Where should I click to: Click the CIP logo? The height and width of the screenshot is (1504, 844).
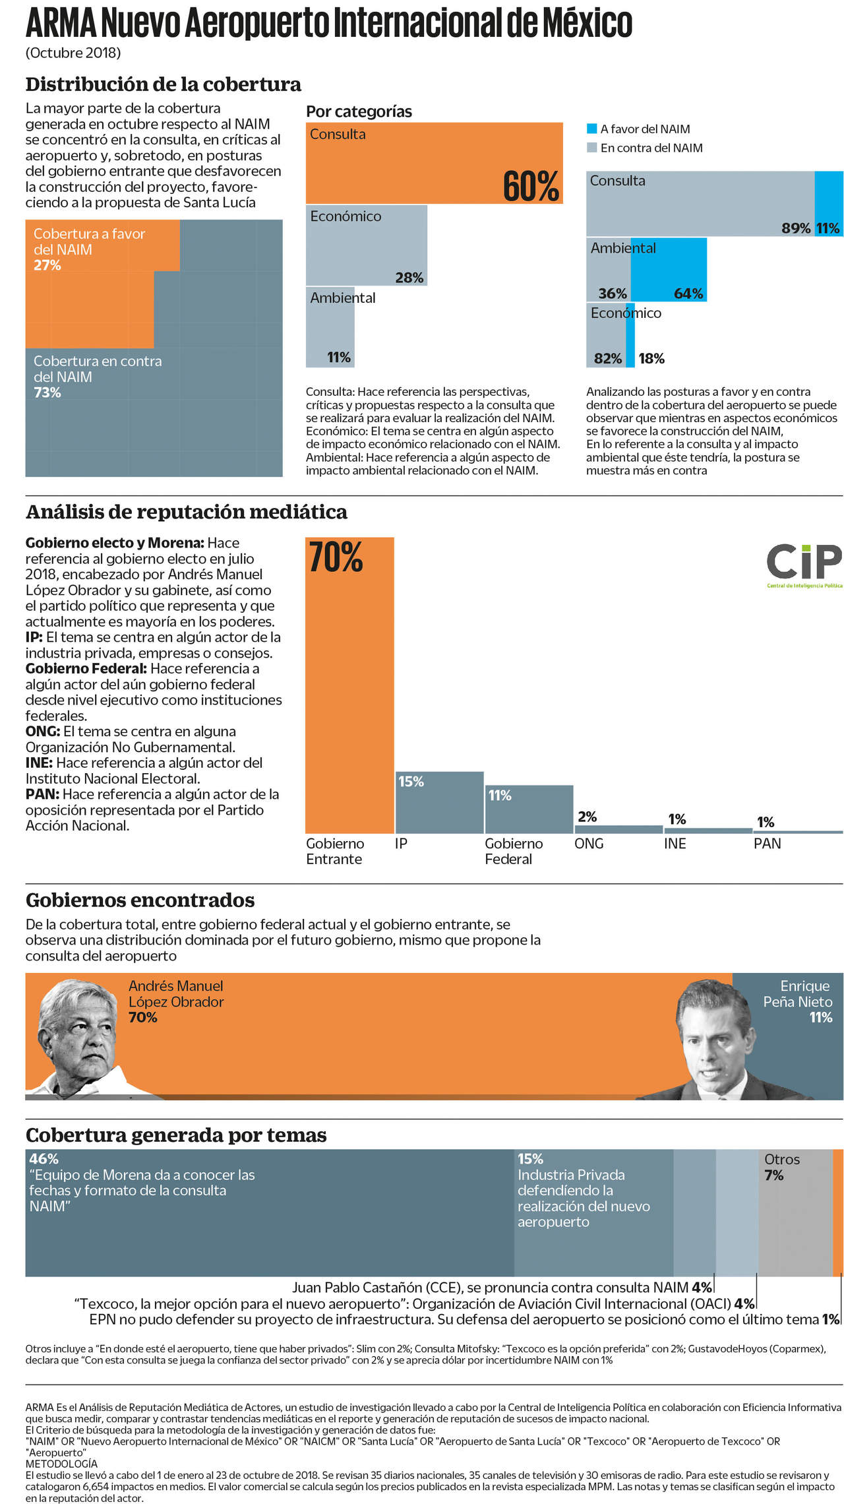point(804,565)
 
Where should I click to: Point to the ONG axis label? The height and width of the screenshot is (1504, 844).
point(589,844)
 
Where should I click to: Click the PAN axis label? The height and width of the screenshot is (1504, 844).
point(767,844)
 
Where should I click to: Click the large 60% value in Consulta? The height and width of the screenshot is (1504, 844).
point(531,187)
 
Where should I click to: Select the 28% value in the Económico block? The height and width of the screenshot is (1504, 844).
point(409,278)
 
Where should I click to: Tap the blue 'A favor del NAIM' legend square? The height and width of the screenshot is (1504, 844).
point(592,129)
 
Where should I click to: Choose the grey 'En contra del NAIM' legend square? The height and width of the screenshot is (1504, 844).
point(592,148)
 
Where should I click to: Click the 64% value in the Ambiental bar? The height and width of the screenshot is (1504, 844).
point(688,294)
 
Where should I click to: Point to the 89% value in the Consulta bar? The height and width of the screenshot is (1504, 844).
point(796,228)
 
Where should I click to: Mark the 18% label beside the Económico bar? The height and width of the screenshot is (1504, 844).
point(651,359)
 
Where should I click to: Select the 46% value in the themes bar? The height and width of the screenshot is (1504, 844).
point(44,1158)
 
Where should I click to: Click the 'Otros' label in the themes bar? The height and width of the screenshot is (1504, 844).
point(781,1159)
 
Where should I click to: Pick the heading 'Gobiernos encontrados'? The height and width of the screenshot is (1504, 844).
point(140,900)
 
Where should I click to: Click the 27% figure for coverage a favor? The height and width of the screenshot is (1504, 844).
point(47,265)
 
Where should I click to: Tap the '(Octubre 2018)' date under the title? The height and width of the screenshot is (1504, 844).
point(73,53)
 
